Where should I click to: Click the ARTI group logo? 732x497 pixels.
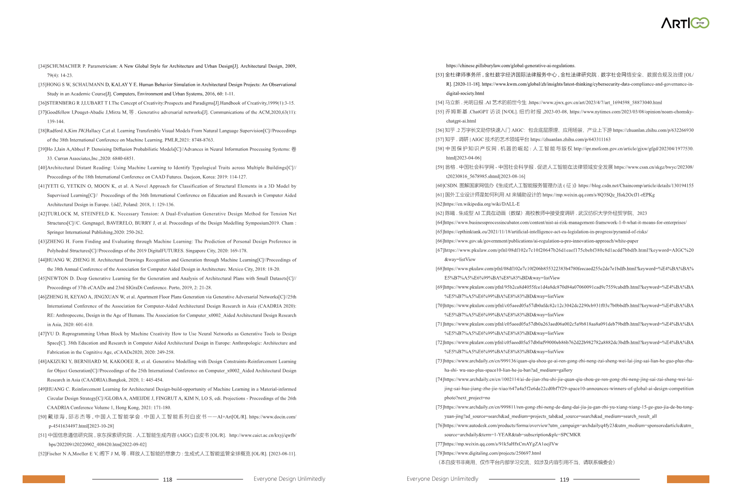click(x=684, y=23)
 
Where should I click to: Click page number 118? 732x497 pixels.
click(x=167, y=479)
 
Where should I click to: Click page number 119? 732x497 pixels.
click(x=564, y=479)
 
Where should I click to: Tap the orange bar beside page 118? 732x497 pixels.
click(x=44, y=479)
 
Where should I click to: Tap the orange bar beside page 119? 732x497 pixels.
click(x=688, y=479)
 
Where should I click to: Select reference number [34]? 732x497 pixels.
click(x=42, y=66)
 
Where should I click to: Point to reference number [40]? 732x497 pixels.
click(x=42, y=168)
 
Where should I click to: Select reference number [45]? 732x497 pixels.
click(x=42, y=278)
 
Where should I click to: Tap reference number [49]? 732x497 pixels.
click(x=42, y=389)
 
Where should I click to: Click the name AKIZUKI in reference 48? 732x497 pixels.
click(x=57, y=361)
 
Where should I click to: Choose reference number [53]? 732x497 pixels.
click(x=440, y=75)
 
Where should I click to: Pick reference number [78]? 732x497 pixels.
click(x=440, y=453)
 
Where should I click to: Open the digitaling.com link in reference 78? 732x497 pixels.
click(x=492, y=453)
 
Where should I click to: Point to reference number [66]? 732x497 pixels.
click(x=440, y=241)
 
